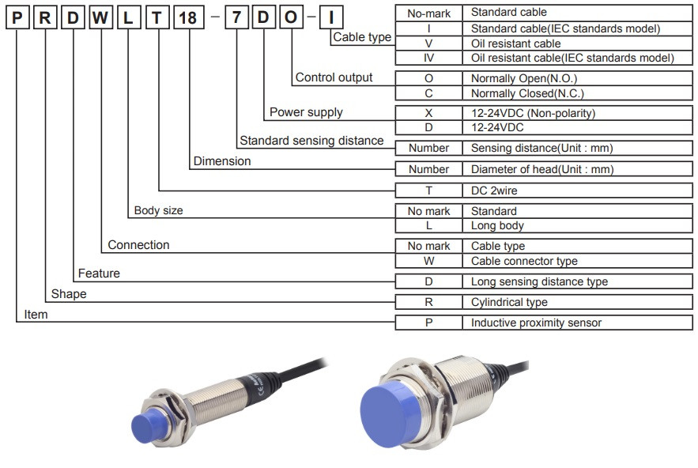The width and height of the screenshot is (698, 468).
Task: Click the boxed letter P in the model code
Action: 16,17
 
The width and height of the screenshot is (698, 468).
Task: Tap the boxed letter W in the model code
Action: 100,17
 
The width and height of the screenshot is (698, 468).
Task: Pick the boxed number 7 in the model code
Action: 236,17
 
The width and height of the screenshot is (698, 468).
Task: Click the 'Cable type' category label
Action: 361,37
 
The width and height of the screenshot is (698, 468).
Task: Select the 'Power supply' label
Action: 306,112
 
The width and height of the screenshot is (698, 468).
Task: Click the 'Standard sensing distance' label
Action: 311,141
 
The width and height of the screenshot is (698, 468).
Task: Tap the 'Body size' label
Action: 158,211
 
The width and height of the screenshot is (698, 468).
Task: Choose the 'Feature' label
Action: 99,274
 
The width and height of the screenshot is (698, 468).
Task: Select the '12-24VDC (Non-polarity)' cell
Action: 533,113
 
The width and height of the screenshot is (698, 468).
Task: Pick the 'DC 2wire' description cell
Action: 495,190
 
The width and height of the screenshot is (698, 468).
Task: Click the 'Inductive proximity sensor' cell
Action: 536,323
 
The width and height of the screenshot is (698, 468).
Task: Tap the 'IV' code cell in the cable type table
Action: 428,58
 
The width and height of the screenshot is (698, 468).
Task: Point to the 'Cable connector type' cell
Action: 524,261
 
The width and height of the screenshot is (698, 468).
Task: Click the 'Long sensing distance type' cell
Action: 539,281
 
